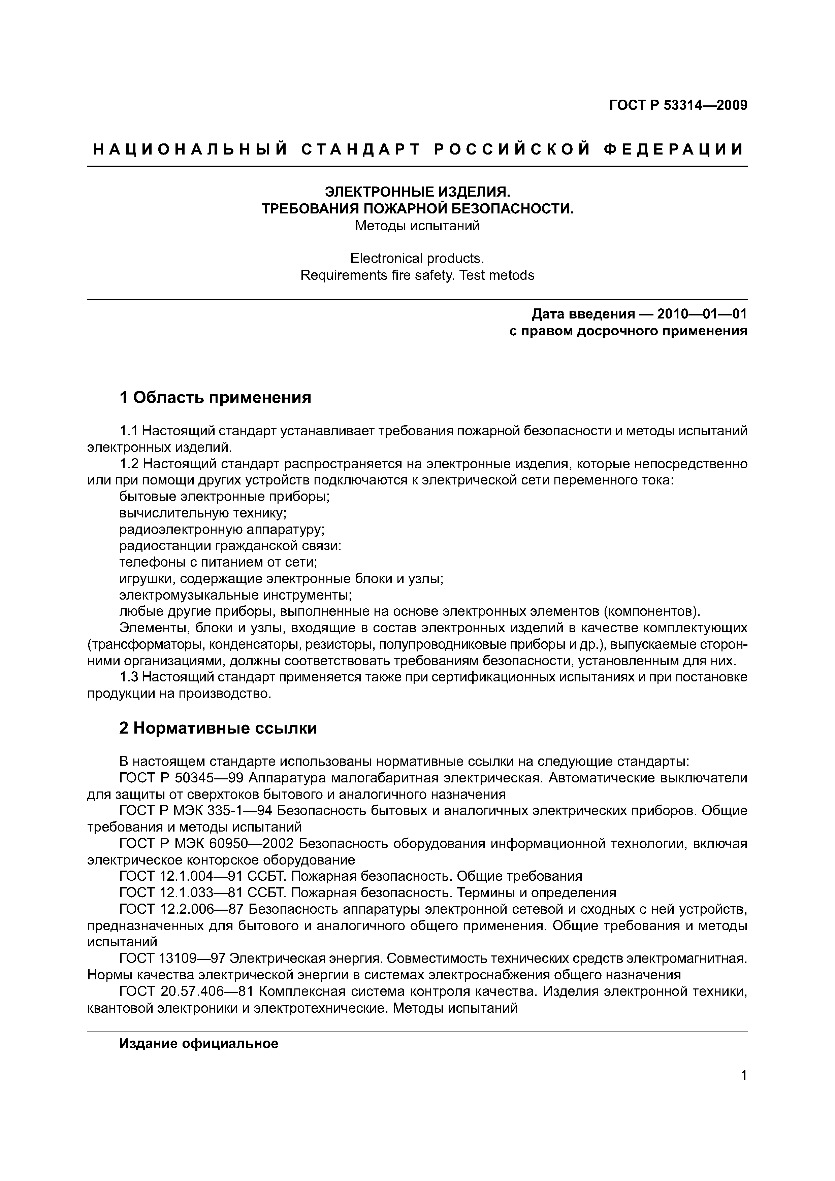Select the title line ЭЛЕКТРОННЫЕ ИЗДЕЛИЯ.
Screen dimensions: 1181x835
pos(417,192)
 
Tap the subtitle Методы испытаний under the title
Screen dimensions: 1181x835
pos(417,226)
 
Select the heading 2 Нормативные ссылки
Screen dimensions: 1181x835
pos(218,728)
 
